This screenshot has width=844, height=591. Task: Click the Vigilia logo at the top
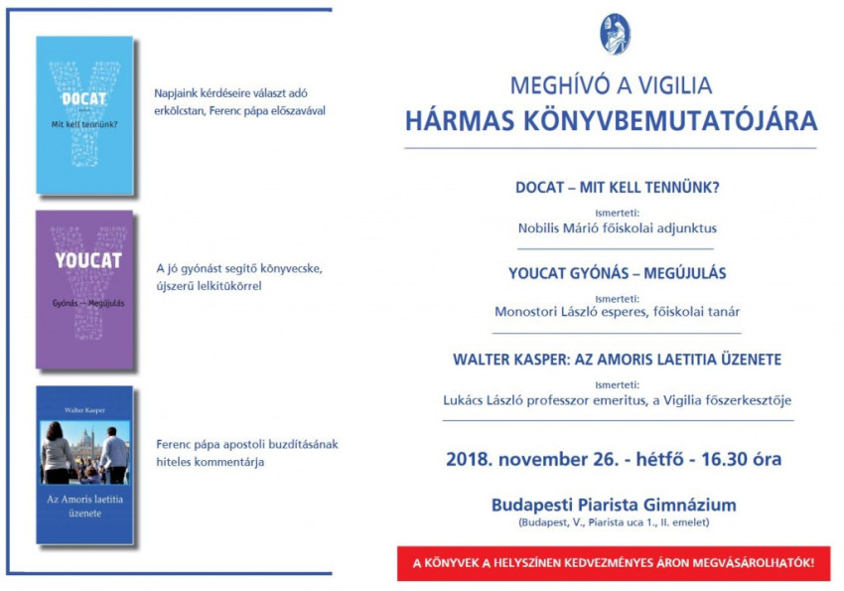click(615, 34)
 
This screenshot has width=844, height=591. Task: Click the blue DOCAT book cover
click(84, 115)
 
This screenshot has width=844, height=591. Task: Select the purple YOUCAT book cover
click(84, 289)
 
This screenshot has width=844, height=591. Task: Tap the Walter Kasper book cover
click(84, 465)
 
